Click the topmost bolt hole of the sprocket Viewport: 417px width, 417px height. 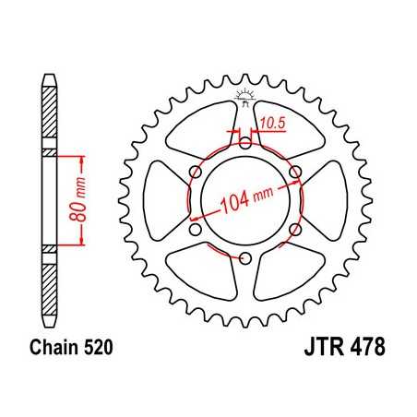(x=245, y=141)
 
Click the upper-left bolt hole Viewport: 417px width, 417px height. (x=196, y=171)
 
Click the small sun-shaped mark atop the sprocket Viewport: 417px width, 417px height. (x=245, y=93)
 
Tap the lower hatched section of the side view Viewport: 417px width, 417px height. (x=47, y=281)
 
